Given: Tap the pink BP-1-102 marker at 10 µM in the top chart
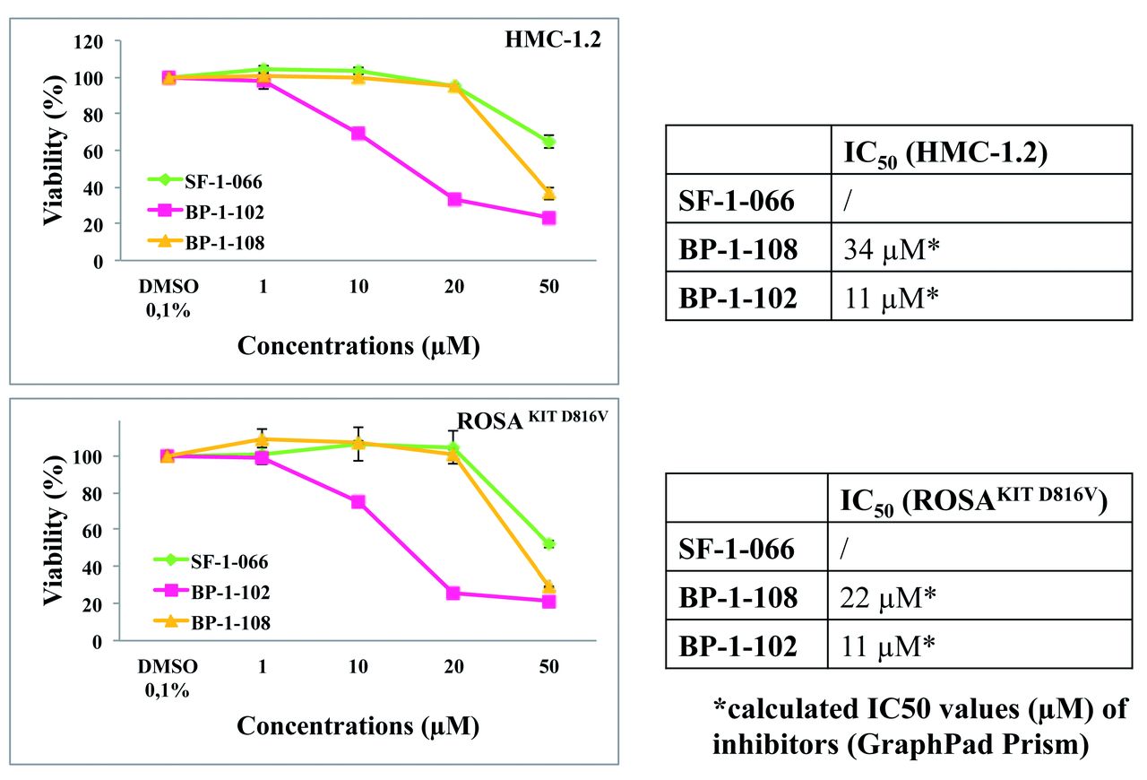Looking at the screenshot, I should (x=358, y=133).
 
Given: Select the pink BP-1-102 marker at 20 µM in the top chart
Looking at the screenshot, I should (x=454, y=199).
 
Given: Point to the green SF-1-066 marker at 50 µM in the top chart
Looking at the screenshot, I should (x=549, y=142).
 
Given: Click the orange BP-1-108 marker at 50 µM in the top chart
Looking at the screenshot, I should (x=549, y=193).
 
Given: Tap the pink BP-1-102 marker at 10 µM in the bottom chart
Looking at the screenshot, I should (x=358, y=502).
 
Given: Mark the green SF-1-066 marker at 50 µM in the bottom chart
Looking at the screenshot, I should (x=549, y=543).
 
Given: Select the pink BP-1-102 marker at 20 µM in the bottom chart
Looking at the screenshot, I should (x=454, y=593).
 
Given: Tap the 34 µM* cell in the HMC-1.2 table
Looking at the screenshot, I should (x=888, y=250).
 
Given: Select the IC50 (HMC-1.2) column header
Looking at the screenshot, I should (x=945, y=152).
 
